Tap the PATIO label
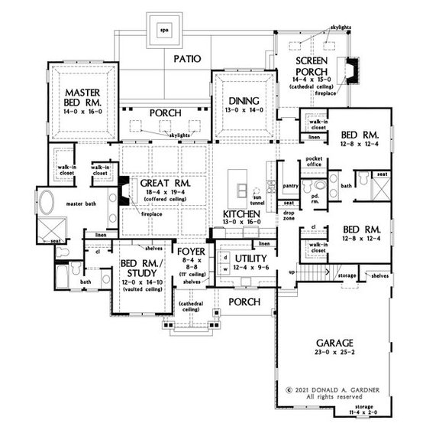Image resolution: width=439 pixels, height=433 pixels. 186,57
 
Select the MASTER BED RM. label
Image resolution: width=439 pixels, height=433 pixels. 84,98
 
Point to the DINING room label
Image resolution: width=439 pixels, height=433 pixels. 244,101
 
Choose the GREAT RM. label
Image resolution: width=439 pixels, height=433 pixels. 160,184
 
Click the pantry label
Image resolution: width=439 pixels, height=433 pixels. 289,186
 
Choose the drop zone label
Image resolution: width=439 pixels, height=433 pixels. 289,215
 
